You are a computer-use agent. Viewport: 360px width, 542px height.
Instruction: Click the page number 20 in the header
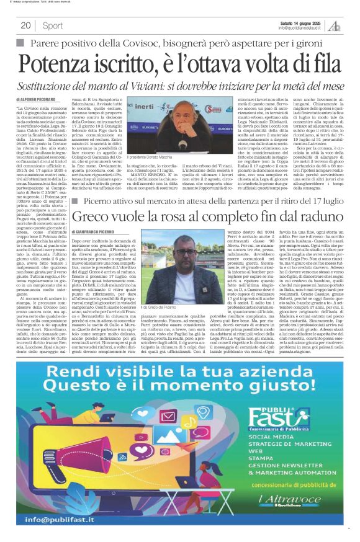point(25,25)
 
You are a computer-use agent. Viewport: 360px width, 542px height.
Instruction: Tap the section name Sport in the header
point(53,25)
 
